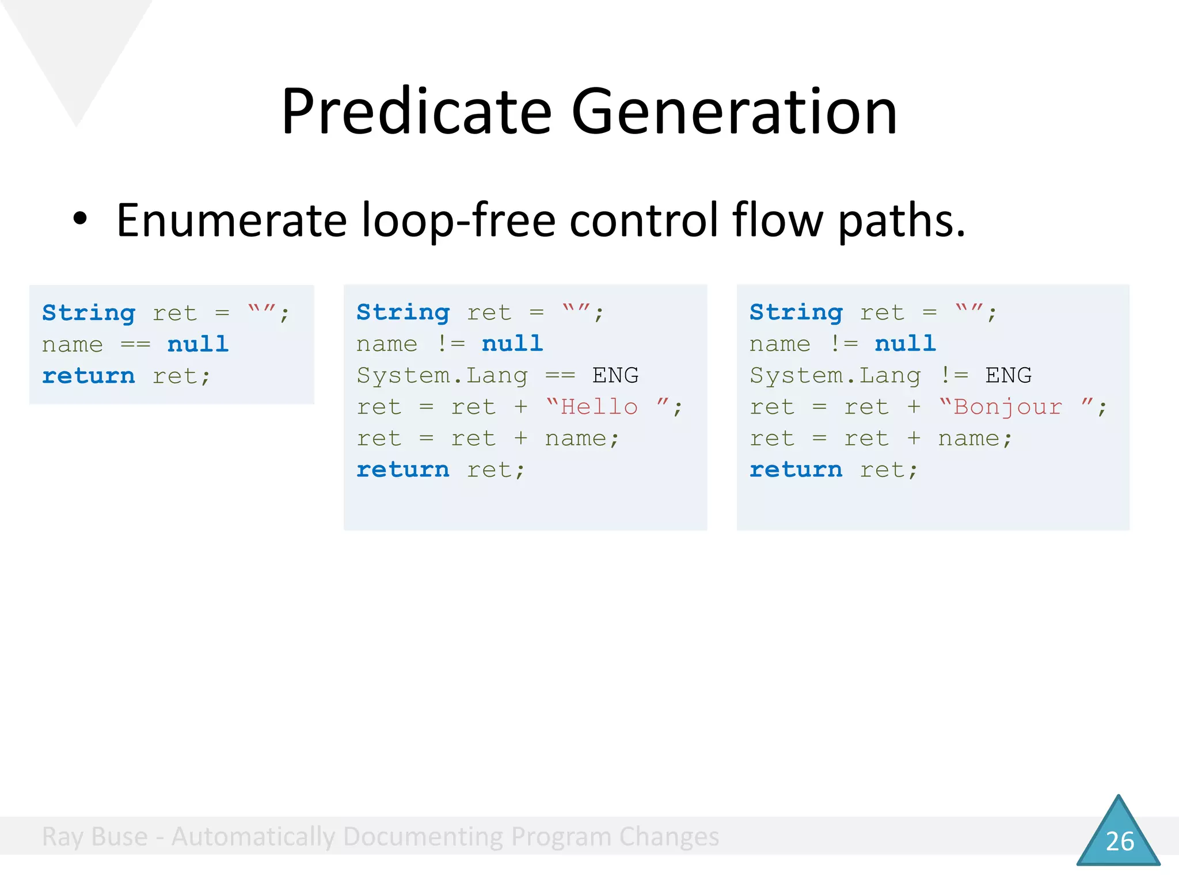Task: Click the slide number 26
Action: click(1119, 841)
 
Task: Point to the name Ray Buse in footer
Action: click(94, 836)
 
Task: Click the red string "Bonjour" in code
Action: click(1007, 407)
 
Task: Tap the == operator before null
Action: click(135, 345)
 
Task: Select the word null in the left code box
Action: click(197, 344)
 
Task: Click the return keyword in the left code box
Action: click(88, 376)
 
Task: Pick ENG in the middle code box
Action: click(615, 375)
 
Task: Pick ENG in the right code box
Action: click(1008, 375)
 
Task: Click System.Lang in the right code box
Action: click(835, 375)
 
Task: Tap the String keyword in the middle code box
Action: click(403, 313)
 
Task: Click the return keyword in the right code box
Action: click(796, 470)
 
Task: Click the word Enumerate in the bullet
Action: click(231, 220)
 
